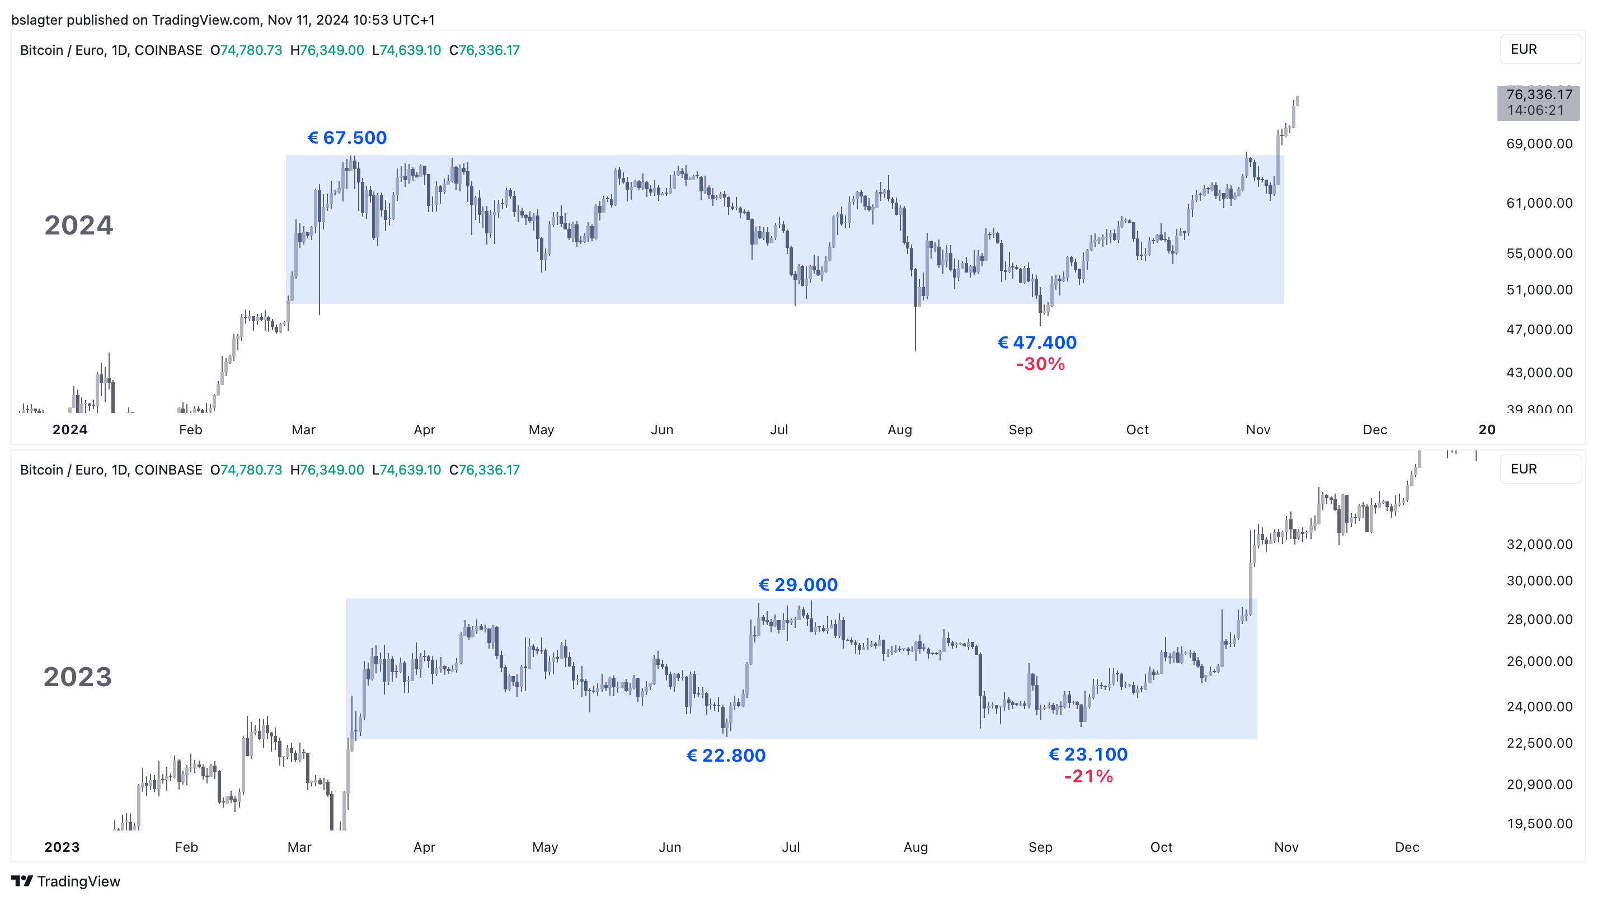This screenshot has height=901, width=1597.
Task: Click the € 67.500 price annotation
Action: pos(347,138)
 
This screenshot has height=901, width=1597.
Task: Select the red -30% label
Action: pos(1040,364)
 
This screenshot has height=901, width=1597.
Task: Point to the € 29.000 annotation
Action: pos(798,585)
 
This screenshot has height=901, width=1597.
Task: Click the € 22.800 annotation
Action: pos(726,755)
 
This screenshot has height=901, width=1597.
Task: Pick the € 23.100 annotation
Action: pos(1087,754)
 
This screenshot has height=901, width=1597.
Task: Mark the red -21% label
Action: pos(1089,776)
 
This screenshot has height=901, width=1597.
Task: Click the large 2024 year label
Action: pos(79,225)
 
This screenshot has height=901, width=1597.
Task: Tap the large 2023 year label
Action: pos(77,677)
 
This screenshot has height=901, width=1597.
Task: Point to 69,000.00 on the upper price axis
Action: pos(1539,144)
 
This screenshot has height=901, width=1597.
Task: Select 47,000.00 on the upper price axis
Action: pos(1539,329)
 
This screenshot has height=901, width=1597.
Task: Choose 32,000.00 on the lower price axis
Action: pos(1539,545)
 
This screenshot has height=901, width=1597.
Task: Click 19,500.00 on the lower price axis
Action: pos(1539,823)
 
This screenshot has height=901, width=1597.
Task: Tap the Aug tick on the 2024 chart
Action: pos(900,430)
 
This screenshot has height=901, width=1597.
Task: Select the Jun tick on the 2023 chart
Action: pos(670,847)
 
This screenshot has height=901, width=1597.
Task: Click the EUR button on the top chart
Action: pos(1539,50)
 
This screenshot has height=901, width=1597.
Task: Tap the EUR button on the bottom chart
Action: pos(1539,470)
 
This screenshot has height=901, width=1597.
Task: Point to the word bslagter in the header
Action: pos(36,20)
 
